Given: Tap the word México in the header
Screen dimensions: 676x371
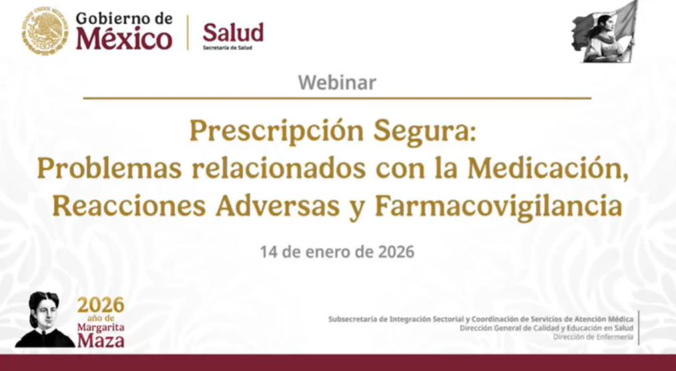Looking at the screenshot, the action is pyautogui.click(x=124, y=39).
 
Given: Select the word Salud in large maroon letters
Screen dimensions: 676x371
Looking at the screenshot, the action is pyautogui.click(x=233, y=32).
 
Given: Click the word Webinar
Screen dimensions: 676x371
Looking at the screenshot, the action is pyautogui.click(x=337, y=82).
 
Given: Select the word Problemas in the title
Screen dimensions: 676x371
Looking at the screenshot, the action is pyautogui.click(x=109, y=168).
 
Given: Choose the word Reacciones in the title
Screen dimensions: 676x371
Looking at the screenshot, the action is pyautogui.click(x=129, y=206).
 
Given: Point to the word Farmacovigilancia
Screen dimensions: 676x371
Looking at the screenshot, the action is pyautogui.click(x=498, y=207).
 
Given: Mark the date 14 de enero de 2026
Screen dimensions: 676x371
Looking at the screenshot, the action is pyautogui.click(x=337, y=252).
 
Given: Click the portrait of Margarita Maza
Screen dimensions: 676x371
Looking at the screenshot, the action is pyautogui.click(x=45, y=319).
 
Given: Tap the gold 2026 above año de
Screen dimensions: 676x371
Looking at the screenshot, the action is pyautogui.click(x=101, y=306).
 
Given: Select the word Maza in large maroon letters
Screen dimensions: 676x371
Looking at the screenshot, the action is pyautogui.click(x=101, y=340).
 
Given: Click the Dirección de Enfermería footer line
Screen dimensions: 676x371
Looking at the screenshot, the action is pyautogui.click(x=593, y=337).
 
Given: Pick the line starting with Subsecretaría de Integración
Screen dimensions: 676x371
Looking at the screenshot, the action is pyautogui.click(x=480, y=319).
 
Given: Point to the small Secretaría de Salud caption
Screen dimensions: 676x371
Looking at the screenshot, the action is pyautogui.click(x=228, y=48).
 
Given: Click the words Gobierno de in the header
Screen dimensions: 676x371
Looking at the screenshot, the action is pyautogui.click(x=124, y=18).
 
